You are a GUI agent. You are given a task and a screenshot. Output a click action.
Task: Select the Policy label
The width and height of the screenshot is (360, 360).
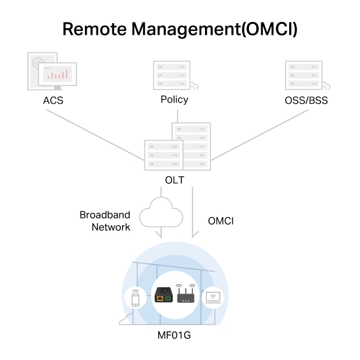pos(174,99)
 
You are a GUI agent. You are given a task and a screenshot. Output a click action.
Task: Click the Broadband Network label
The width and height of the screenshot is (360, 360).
pos(105,221)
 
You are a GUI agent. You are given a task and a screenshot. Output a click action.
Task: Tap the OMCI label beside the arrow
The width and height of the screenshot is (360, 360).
pos(221,221)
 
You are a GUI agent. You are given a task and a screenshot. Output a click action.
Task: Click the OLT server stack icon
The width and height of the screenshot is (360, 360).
pos(177,148)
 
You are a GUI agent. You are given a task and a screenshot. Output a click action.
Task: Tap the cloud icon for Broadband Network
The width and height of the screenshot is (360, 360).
pos(161,214)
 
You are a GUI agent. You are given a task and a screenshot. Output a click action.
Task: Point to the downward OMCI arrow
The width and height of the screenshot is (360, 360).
pos(193,214)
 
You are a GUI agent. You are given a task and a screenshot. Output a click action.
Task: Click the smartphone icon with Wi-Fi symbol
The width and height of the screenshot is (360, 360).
pos(134,298)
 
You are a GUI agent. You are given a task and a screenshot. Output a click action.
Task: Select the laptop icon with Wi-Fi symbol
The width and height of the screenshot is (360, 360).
pos(214,298)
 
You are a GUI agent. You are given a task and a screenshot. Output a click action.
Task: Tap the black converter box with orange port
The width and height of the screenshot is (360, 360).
pos(163,295)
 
